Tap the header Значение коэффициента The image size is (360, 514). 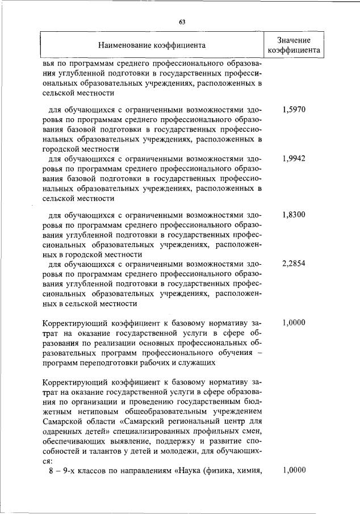[x=294, y=45]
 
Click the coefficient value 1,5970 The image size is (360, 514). [x=294, y=109]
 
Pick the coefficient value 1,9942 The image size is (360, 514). [x=294, y=158]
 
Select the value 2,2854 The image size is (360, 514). [x=294, y=264]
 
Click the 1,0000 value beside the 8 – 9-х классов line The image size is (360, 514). [x=294, y=470]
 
